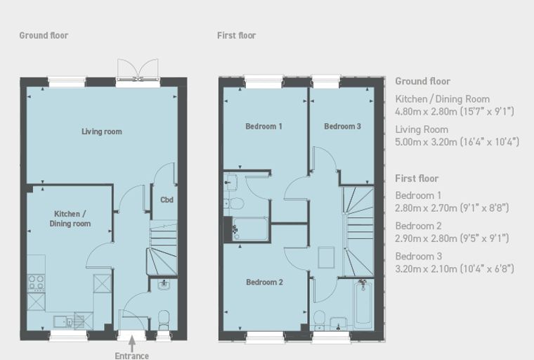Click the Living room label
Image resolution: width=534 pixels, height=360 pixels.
pyautogui.click(x=101, y=131)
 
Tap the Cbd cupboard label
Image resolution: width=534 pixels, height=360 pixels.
pyautogui.click(x=167, y=200)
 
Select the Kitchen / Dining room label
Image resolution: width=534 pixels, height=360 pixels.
pyautogui.click(x=70, y=219)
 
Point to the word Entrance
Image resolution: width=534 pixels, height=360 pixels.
pyautogui.click(x=132, y=356)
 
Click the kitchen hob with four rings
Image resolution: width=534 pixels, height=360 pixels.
pyautogui.click(x=36, y=283)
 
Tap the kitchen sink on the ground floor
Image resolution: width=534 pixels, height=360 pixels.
pyautogui.click(x=63, y=322)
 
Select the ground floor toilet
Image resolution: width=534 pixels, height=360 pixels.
pyautogui.click(x=164, y=320)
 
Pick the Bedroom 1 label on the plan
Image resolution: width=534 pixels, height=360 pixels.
pyautogui.click(x=263, y=127)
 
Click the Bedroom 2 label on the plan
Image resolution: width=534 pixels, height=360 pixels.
pyautogui.click(x=264, y=282)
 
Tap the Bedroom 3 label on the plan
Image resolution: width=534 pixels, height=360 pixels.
pyautogui.click(x=342, y=127)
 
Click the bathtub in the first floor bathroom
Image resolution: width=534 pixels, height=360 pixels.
pyautogui.click(x=363, y=302)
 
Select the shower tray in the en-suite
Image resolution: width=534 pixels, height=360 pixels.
pyautogui.click(x=250, y=229)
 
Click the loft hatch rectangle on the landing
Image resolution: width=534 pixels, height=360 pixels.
pyautogui.click(x=326, y=257)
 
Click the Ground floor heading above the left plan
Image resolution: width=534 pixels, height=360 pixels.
pyautogui.click(x=44, y=35)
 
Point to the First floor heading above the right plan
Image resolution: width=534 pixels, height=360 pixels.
pyautogui.click(x=236, y=35)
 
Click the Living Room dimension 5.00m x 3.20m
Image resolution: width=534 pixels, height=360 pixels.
pyautogui.click(x=457, y=142)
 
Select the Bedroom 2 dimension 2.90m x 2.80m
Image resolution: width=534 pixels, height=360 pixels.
pyautogui.click(x=452, y=238)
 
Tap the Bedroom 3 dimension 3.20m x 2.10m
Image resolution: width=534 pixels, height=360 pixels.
pyautogui.click(x=455, y=269)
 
